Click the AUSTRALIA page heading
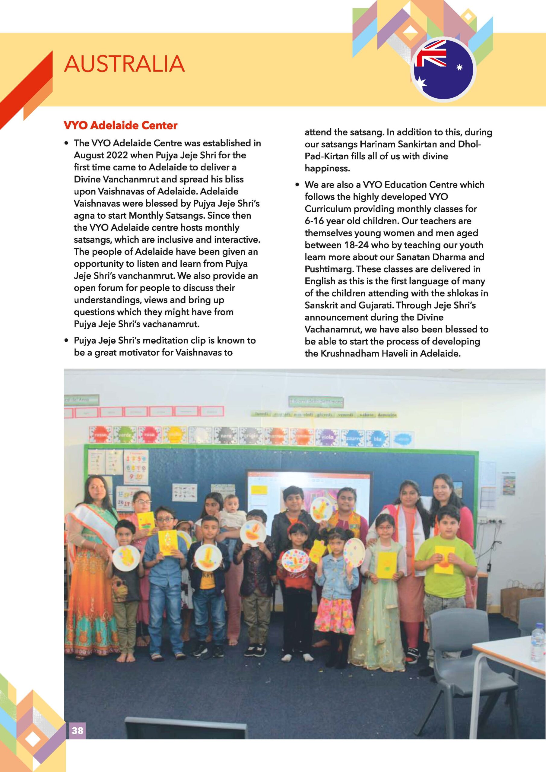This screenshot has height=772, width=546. point(124,64)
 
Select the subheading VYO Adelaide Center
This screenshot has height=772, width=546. point(120,125)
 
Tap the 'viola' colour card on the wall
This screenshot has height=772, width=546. point(327,437)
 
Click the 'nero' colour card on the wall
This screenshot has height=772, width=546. point(226,436)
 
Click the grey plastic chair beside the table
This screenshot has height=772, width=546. point(453,639)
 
